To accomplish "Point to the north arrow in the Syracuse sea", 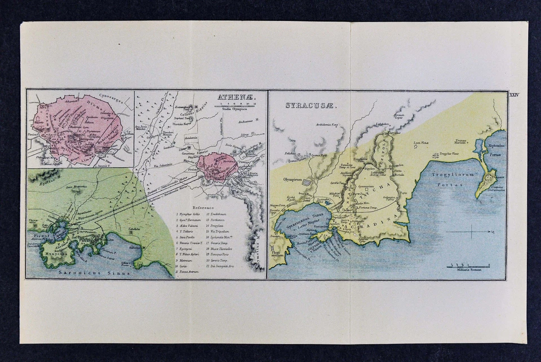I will [x=471, y=232].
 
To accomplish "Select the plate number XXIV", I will [x=513, y=95].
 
